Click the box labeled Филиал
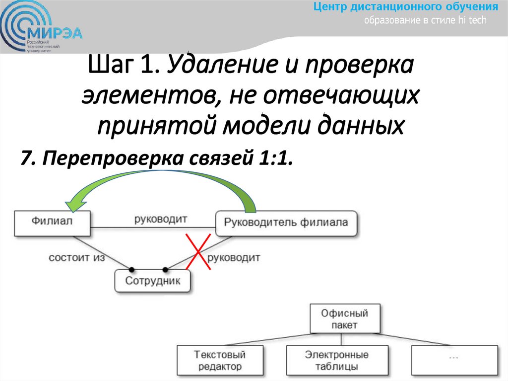click(53, 222)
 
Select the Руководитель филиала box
click(286, 223)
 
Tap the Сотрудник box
click(153, 281)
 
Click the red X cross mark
click(197, 252)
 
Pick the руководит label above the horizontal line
click(160, 219)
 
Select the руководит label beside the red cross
click(233, 258)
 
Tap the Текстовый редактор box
click(219, 361)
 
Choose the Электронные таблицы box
click(337, 361)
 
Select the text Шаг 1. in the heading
click(125, 67)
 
